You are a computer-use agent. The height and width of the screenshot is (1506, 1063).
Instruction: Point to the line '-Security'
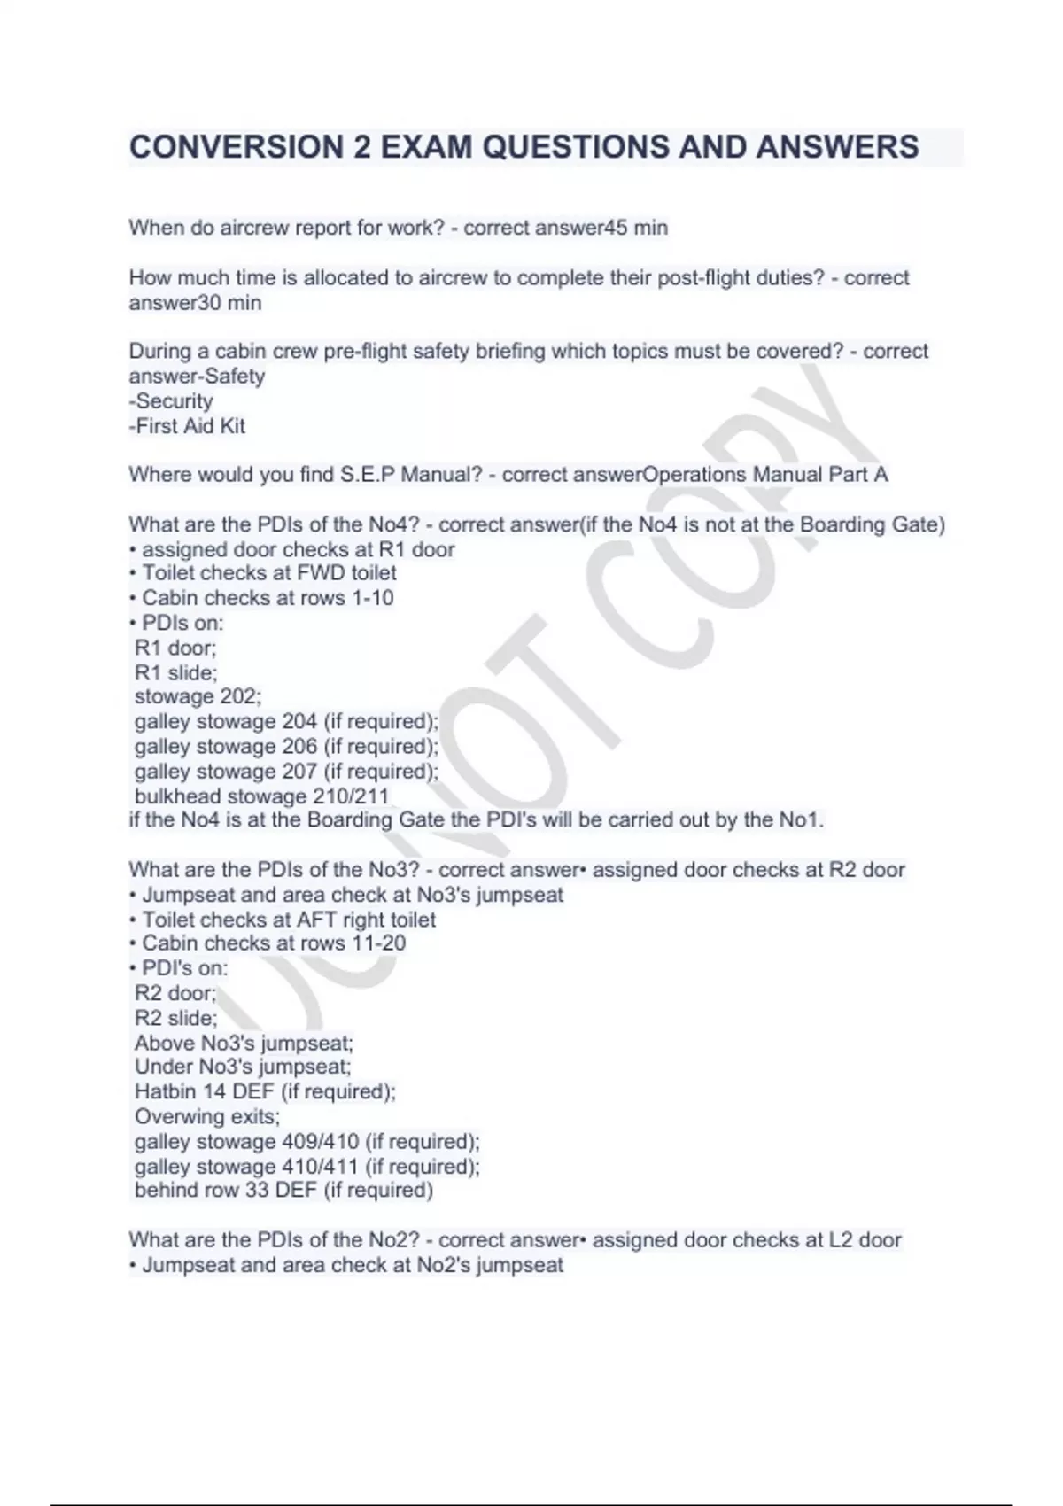[171, 401]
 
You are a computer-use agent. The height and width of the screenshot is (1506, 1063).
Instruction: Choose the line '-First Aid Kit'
[187, 426]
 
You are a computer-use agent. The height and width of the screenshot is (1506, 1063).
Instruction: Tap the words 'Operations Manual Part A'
[765, 475]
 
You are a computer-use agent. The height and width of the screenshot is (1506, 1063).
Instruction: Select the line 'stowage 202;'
[198, 696]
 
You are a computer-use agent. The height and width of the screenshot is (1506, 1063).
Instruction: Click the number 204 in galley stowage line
[299, 721]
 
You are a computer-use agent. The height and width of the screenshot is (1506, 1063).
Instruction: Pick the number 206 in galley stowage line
[299, 746]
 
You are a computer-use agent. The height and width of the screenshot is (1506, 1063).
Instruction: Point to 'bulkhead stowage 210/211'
[261, 796]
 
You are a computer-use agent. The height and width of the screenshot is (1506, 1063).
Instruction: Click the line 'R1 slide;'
[175, 672]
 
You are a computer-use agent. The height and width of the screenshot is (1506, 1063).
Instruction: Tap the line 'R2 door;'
[175, 993]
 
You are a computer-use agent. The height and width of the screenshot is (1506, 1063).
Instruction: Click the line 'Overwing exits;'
[207, 1116]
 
